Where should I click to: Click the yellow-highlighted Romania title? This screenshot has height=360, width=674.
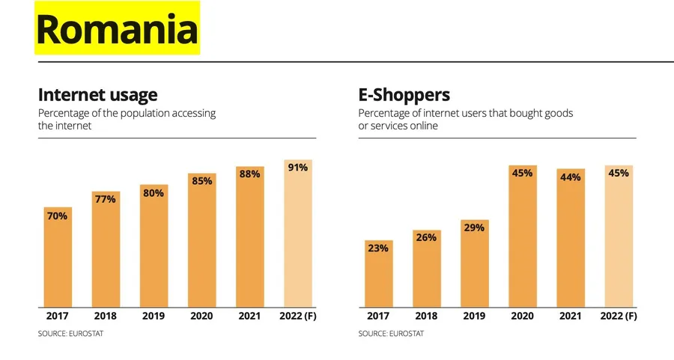(x=117, y=29)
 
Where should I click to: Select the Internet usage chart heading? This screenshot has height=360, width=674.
(x=97, y=95)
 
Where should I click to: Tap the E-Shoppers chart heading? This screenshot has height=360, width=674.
(x=404, y=95)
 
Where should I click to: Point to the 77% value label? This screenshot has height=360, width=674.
(x=106, y=199)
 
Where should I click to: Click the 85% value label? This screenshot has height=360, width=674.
(x=201, y=180)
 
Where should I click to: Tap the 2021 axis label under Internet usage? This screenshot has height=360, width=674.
(x=249, y=317)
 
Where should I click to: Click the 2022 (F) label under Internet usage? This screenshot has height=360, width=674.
(x=297, y=317)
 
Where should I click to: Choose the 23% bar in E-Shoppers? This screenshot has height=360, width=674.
(x=378, y=277)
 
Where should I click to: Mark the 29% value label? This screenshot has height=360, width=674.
(x=474, y=228)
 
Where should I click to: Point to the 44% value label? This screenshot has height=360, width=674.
(x=570, y=177)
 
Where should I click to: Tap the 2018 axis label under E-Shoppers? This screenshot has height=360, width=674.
(x=426, y=317)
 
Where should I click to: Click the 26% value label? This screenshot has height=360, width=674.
(x=426, y=237)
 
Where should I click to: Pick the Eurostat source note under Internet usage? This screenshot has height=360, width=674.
(x=70, y=334)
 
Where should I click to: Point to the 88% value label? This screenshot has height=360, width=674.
(x=249, y=174)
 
